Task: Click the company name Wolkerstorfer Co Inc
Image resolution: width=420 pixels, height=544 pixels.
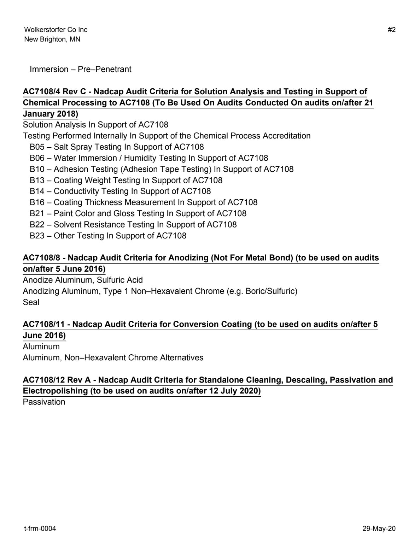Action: pos(56,30)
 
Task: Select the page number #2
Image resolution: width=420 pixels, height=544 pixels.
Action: pos(391,30)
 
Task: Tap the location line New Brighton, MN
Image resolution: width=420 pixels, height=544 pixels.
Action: pos(52,39)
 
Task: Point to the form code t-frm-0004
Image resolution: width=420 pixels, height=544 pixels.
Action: pos(40,529)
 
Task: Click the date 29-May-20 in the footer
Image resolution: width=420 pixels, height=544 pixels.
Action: pos(379,529)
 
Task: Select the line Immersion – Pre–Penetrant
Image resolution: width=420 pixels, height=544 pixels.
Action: pos(80,69)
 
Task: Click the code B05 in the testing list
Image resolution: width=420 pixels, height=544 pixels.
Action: pos(37,147)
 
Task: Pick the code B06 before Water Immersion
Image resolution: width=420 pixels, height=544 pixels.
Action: pos(37,158)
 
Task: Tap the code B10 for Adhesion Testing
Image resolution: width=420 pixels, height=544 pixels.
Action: pos(37,169)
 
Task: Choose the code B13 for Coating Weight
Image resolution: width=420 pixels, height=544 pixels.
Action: pos(37,180)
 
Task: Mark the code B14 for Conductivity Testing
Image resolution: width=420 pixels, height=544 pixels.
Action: pos(37,191)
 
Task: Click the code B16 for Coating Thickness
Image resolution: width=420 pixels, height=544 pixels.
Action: pos(37,202)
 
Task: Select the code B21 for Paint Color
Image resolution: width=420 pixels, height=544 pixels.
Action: pos(37,213)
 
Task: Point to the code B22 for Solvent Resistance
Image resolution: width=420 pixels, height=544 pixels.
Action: pos(37,225)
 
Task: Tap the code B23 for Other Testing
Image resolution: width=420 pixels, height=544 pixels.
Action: pos(37,236)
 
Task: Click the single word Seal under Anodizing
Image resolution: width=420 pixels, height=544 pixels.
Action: pos(31,302)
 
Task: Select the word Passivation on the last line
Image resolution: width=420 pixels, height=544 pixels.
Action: pos(44,402)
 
